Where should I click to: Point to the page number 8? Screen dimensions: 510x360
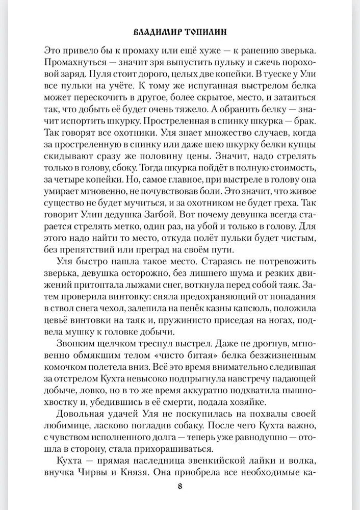179,484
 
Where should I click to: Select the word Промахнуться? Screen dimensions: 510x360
72,63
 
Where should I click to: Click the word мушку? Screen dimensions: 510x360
63,333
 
